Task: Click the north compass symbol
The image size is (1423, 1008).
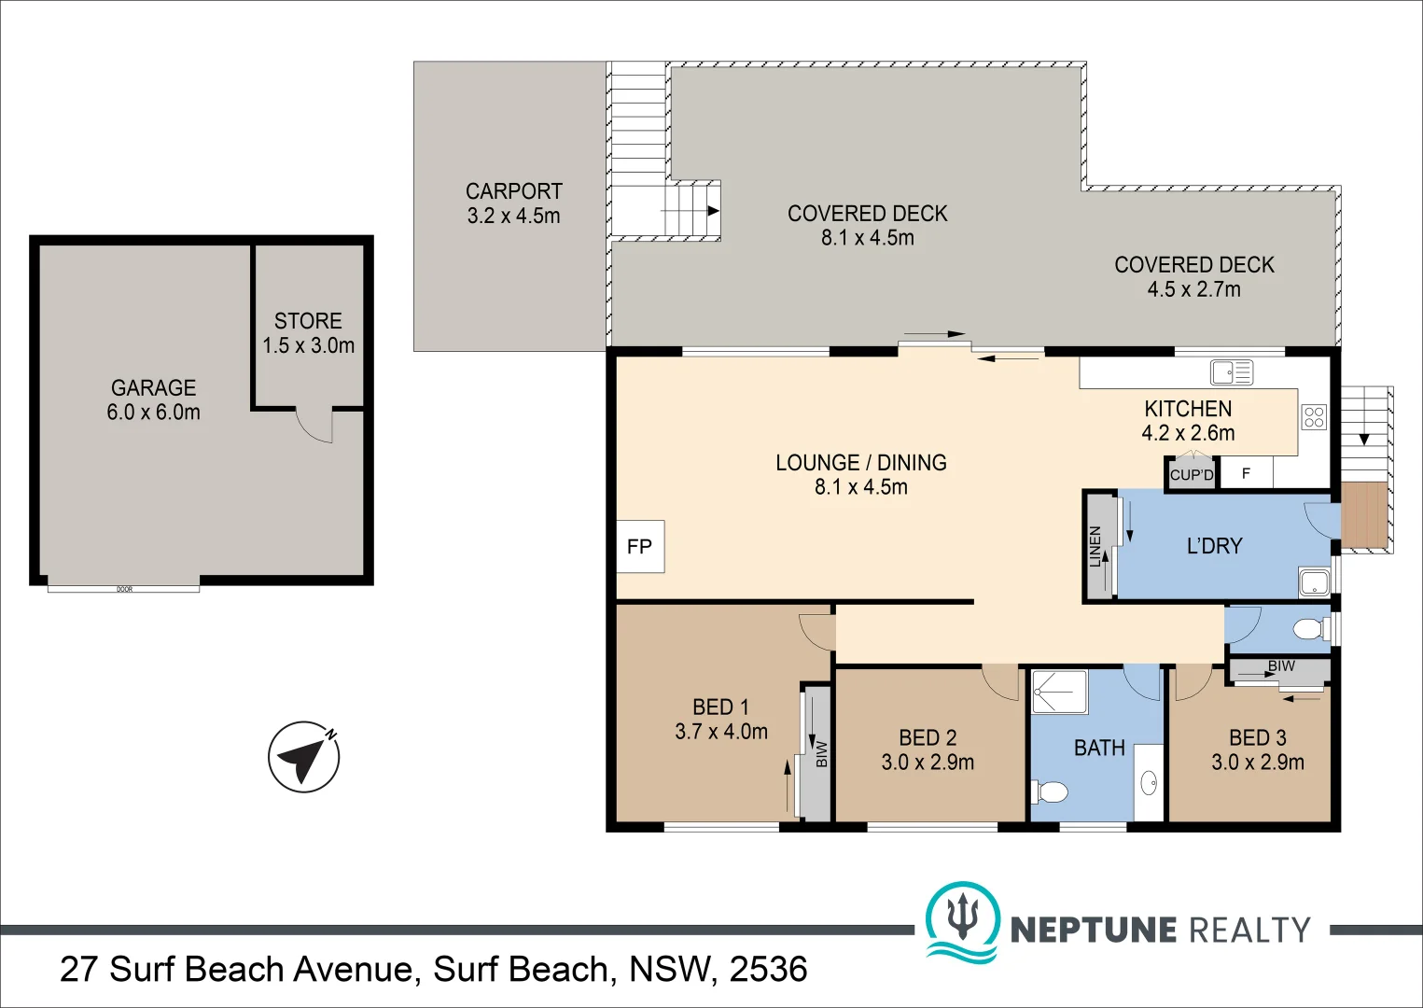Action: (303, 757)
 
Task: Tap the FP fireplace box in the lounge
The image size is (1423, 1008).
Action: (640, 547)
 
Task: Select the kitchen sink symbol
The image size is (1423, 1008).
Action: (1231, 372)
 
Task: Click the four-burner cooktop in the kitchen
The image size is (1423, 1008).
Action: (1315, 417)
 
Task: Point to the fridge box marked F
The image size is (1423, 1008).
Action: (1246, 473)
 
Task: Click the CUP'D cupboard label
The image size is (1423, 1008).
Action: (1192, 475)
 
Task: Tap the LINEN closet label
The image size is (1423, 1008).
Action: (1095, 547)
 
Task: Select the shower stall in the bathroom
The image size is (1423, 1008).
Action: (1060, 692)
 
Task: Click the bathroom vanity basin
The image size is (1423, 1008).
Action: (1150, 783)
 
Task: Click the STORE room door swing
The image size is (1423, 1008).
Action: (314, 426)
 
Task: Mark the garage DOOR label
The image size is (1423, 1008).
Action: (124, 589)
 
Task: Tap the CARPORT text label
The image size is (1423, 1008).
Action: (514, 191)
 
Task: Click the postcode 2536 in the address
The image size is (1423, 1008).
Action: (768, 969)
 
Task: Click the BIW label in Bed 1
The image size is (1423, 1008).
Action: (821, 754)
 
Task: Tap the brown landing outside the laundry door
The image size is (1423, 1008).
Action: (1364, 518)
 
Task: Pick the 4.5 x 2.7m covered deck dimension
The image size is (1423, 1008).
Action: (1193, 290)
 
